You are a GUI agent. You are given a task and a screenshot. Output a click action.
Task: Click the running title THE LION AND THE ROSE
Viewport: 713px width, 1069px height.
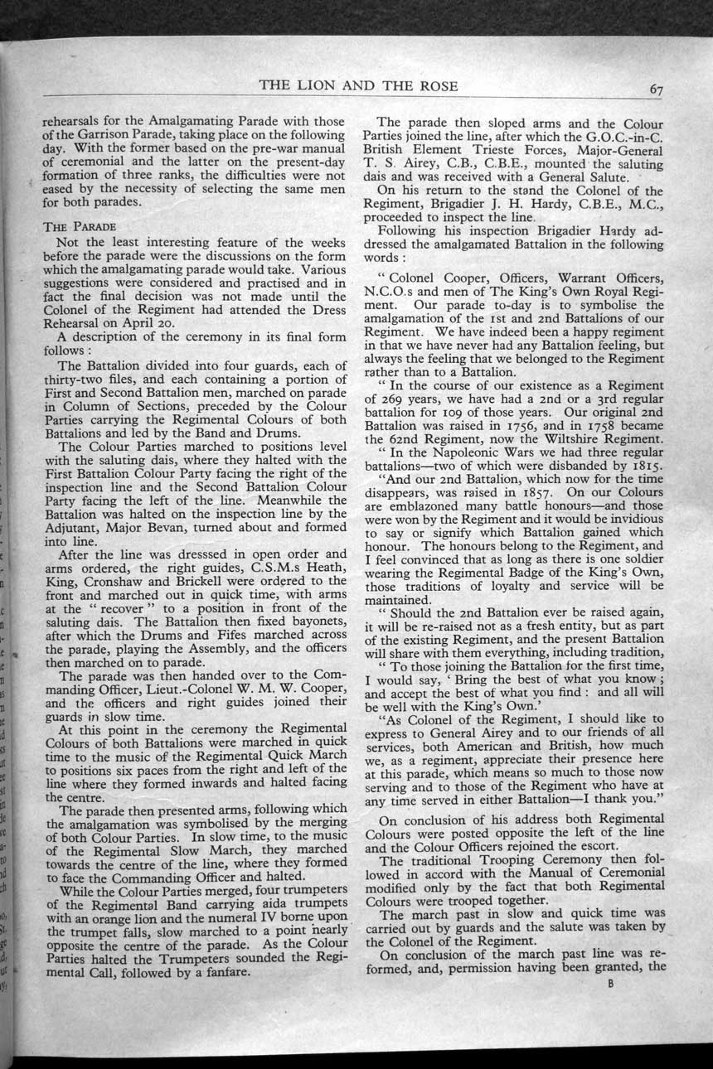click(358, 86)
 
